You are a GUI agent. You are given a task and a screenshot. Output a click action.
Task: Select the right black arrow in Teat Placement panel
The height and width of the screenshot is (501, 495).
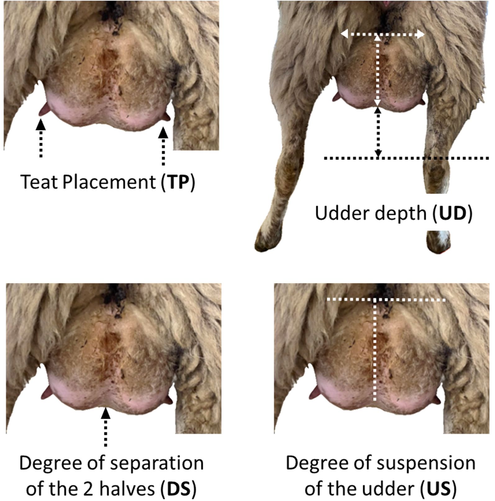point(163,146)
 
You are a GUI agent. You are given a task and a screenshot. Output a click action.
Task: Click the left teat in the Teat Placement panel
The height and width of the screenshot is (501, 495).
point(43,110)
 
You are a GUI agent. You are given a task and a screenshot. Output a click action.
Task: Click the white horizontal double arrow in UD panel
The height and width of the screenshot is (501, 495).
point(383,34)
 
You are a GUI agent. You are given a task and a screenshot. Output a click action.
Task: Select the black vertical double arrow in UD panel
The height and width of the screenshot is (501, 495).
point(378,132)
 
